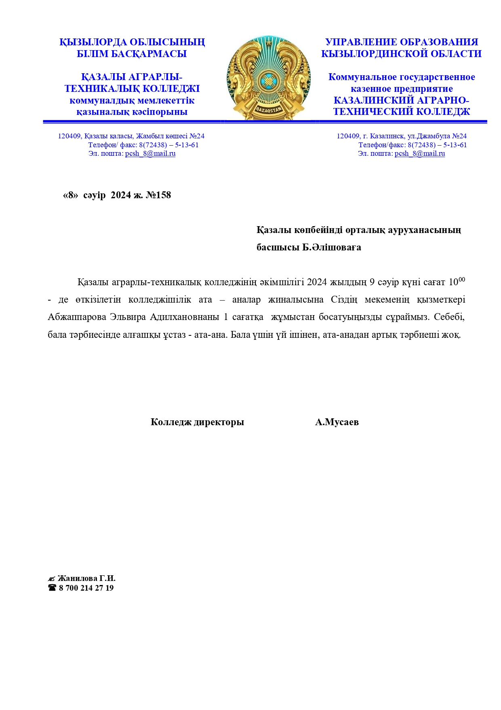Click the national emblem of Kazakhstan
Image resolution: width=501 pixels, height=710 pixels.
269,78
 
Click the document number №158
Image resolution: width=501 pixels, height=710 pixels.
158,195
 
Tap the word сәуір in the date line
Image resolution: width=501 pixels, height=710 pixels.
95,195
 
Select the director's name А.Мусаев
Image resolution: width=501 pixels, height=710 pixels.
337,422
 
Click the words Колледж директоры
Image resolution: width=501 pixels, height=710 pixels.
197,422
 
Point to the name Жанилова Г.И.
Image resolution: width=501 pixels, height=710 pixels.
86,578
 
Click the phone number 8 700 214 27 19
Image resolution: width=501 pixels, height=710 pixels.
86,588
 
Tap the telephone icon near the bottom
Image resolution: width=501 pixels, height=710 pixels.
52,588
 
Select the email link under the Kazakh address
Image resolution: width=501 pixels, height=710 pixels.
150,153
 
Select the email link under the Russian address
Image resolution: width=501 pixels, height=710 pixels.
419,153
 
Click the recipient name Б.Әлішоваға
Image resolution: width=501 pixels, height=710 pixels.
332,247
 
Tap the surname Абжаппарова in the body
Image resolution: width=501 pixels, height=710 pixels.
77,317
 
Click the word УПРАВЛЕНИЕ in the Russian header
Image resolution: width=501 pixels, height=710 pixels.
360,42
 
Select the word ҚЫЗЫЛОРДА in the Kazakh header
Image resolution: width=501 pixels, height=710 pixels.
93,42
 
